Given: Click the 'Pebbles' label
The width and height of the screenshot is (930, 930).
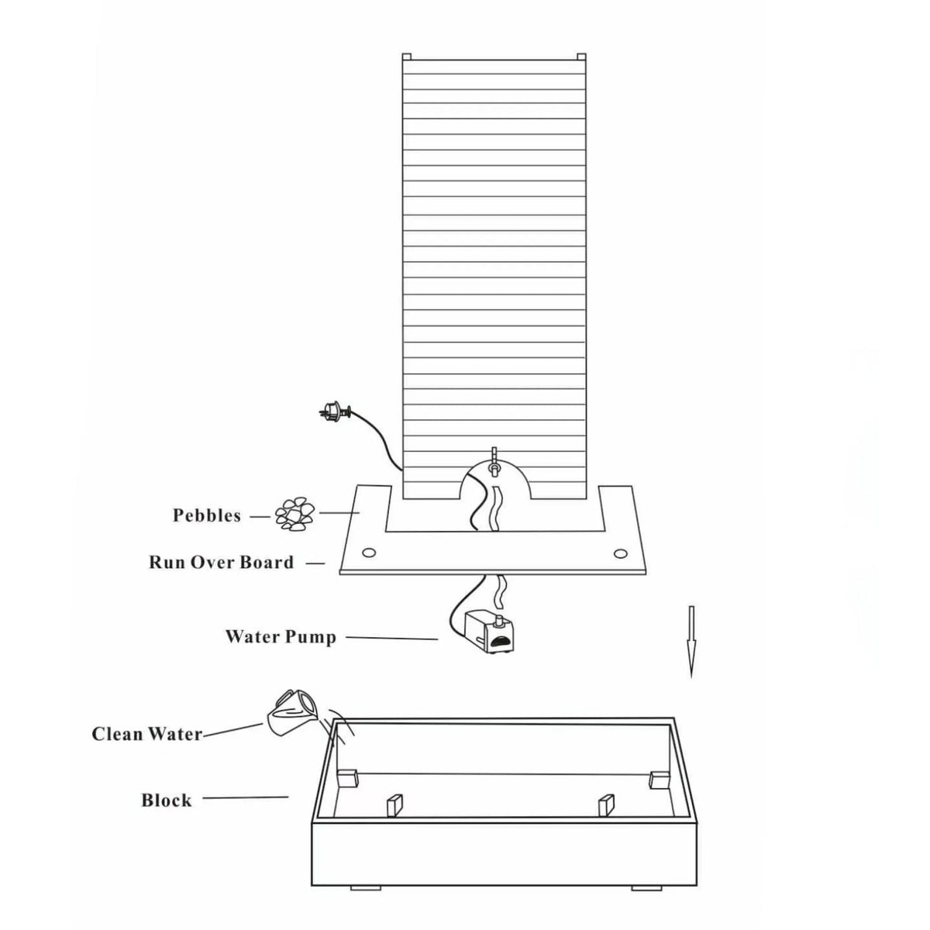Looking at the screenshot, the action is tap(207, 516).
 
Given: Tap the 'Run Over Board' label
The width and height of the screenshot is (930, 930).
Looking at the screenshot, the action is tap(221, 562).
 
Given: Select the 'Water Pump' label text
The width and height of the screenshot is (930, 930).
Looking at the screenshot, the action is tap(281, 637).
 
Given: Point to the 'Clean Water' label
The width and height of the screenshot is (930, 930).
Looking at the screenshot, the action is tap(147, 734).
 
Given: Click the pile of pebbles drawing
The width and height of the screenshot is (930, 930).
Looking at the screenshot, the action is tap(294, 515).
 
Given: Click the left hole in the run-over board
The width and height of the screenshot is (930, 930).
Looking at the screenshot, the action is tap(369, 552).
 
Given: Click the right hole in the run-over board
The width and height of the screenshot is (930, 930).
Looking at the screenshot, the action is tap(619, 552).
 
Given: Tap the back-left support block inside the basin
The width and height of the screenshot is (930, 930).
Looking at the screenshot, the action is tap(347, 778).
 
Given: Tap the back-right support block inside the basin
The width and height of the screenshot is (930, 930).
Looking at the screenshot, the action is tap(660, 780).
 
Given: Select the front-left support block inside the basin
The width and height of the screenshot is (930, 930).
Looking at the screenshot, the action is tap(394, 805).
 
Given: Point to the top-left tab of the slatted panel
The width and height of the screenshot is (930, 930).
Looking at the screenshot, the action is tap(406, 57).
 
